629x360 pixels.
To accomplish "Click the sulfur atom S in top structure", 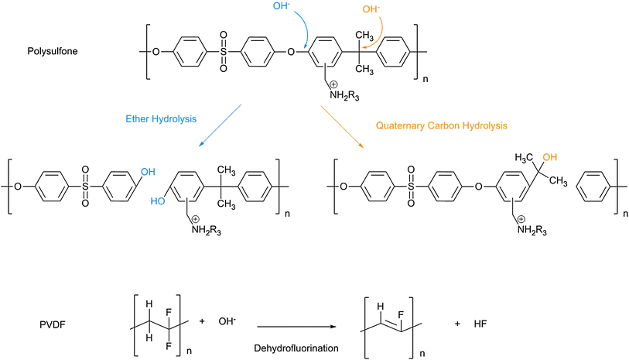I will [x=224, y=53].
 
